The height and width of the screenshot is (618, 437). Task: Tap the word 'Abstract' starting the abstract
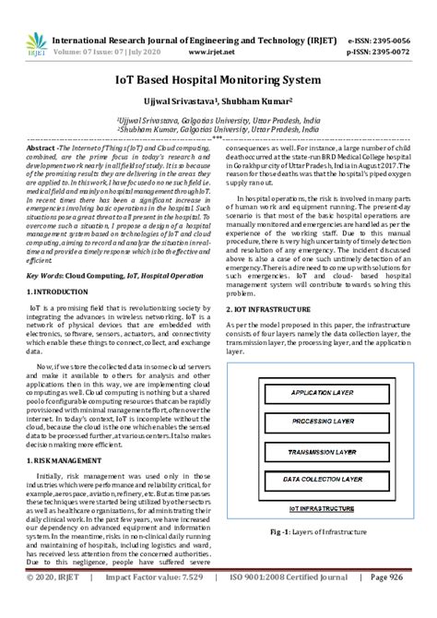click(x=43, y=148)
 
